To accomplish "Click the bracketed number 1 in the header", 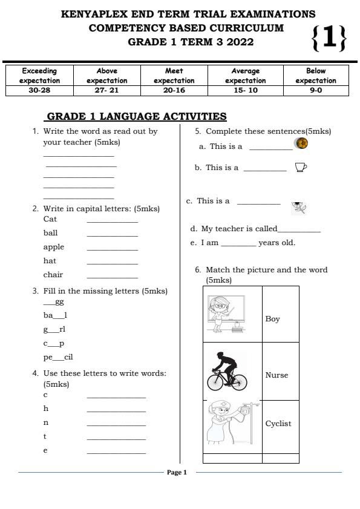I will (329, 38).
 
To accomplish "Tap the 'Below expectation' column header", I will (316, 76).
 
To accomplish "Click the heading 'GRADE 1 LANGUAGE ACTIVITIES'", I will (137, 116).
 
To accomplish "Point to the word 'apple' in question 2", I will (53, 247).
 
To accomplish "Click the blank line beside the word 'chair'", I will (112, 276).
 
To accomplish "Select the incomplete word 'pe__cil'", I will (58, 357).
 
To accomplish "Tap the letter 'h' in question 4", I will (45, 409).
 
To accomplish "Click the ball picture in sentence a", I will (301, 143).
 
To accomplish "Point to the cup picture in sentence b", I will (301, 167).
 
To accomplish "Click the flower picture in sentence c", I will (299, 208).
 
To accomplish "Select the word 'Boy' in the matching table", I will (272, 319).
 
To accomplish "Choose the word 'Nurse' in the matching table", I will (277, 375).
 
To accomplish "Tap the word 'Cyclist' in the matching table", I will (278, 424).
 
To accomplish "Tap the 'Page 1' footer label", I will (177, 473).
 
